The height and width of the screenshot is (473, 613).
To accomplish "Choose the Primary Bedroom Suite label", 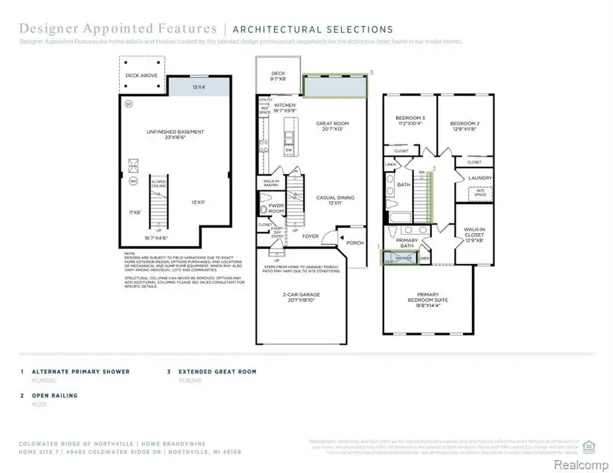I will point(428,300).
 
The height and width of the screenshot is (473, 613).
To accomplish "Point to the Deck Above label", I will point(142,75).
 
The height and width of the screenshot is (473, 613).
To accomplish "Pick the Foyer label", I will point(311,237).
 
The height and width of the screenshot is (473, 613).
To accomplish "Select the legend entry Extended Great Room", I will point(217,372).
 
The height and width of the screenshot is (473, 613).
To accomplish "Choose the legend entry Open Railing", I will point(55,395).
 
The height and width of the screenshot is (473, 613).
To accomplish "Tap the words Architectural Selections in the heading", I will point(313,29).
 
